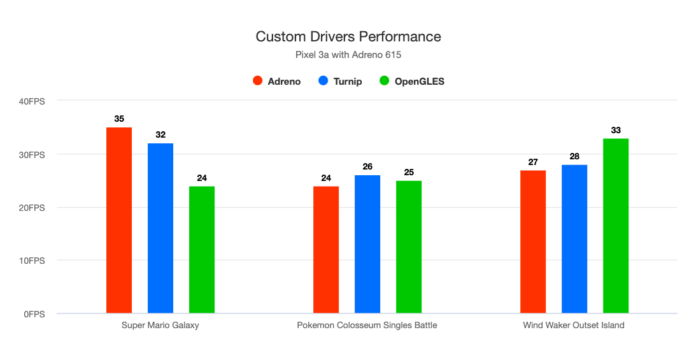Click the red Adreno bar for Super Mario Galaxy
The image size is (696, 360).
tap(119, 220)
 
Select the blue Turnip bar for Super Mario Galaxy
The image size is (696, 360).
tap(160, 228)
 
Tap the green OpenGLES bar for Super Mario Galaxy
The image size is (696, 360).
tap(202, 250)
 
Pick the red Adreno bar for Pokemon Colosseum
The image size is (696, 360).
tap(326, 250)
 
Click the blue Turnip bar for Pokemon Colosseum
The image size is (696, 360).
tap(367, 244)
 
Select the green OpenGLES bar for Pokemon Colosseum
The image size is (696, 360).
tap(409, 247)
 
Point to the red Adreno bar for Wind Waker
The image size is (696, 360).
tap(533, 241)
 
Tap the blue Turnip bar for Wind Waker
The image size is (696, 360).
tap(574, 239)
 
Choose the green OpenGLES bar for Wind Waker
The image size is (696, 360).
tap(616, 226)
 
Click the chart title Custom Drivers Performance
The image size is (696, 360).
tap(348, 36)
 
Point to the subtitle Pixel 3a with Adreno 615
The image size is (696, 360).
tap(348, 55)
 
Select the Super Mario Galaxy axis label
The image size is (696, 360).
tap(160, 326)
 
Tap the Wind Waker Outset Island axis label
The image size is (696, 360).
tap(574, 326)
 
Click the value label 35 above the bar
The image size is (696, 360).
tap(119, 119)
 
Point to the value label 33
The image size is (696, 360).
tap(616, 130)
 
